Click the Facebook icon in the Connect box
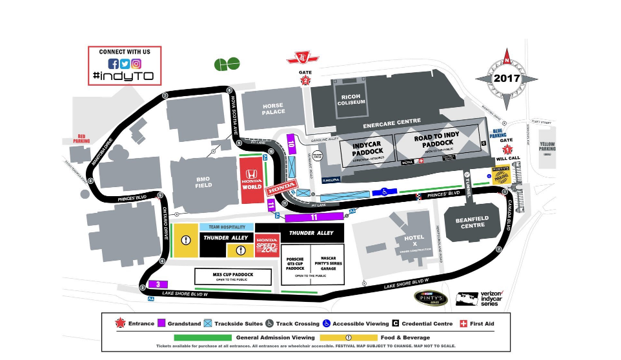[114, 64]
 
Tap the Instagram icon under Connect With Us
[136, 64]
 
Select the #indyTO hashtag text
[124, 76]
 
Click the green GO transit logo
[227, 64]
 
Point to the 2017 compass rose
[507, 78]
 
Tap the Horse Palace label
[274, 108]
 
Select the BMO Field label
[203, 182]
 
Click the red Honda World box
[252, 174]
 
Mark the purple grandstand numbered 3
[158, 284]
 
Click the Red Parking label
[81, 138]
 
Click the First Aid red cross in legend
[463, 323]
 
